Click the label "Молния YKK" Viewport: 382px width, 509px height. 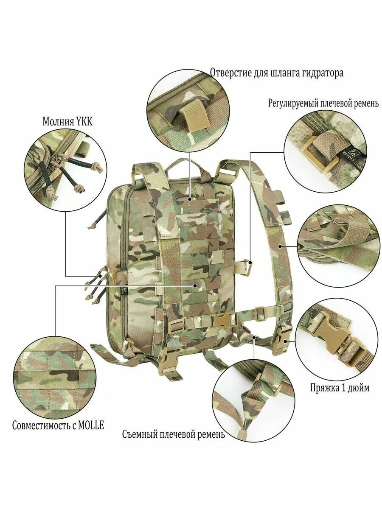(67, 121)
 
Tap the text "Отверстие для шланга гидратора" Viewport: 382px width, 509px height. (277, 73)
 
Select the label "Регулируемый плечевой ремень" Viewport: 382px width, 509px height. (323, 103)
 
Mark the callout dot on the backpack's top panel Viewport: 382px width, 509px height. (190, 193)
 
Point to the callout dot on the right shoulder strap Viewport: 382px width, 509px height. (280, 246)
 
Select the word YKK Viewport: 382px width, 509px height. (84, 121)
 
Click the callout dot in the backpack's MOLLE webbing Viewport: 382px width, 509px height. (195, 286)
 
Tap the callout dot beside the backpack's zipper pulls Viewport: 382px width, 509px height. (100, 276)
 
